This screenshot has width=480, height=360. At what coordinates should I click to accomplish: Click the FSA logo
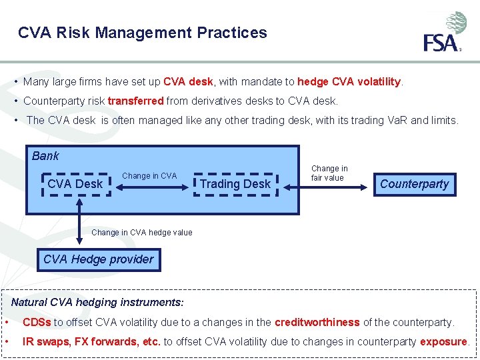click(445, 33)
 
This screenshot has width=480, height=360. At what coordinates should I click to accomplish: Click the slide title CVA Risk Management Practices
click(142, 33)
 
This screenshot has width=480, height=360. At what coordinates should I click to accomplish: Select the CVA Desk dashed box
click(75, 184)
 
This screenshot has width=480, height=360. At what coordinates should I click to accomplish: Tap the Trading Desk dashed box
click(235, 184)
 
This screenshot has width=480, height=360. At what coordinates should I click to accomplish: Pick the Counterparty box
click(414, 184)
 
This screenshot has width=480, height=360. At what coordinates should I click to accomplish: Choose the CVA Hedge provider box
click(98, 259)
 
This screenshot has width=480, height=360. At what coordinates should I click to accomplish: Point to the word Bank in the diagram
click(45, 156)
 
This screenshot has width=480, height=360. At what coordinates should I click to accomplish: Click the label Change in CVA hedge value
click(141, 233)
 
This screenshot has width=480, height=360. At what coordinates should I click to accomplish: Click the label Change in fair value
click(329, 173)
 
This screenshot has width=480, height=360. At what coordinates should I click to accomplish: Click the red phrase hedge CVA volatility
click(349, 82)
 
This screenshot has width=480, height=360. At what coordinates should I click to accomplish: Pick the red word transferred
click(135, 101)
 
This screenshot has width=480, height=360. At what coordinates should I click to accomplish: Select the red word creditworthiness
click(317, 323)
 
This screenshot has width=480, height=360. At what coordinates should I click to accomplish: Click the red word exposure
click(443, 342)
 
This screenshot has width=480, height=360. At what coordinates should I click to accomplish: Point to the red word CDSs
click(37, 323)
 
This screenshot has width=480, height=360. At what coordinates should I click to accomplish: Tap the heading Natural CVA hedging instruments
click(97, 302)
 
